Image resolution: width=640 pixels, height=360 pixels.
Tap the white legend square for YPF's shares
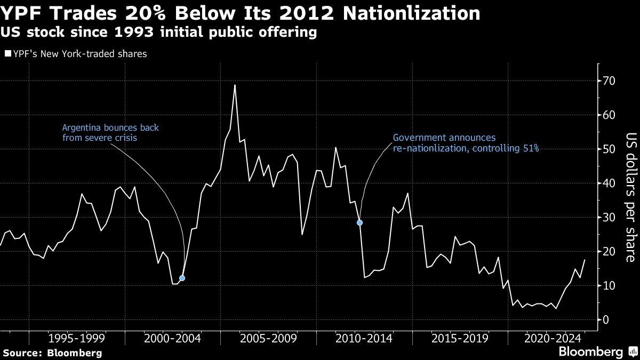[7, 54]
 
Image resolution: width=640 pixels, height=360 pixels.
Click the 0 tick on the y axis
[605, 320]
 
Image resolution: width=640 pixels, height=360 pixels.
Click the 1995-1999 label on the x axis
[76, 338]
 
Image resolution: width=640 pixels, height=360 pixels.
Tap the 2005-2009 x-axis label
[268, 338]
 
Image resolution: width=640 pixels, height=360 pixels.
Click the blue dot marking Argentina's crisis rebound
[182, 278]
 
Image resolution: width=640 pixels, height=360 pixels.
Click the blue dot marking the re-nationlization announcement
[360, 222]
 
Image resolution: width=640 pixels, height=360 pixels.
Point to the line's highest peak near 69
[235, 85]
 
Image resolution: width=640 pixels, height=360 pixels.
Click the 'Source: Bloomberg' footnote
[52, 353]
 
